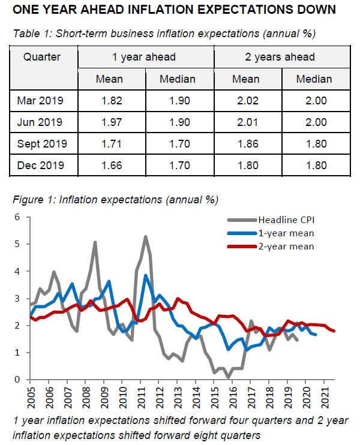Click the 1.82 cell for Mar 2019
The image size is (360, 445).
tap(112, 100)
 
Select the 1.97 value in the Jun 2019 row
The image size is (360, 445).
tap(112, 122)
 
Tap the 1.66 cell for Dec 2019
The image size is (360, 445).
tap(112, 165)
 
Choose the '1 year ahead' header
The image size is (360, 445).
tap(145, 58)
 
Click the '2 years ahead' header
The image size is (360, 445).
tap(281, 58)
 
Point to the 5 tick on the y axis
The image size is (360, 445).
tap(18, 244)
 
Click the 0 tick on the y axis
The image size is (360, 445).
tap(18, 380)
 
